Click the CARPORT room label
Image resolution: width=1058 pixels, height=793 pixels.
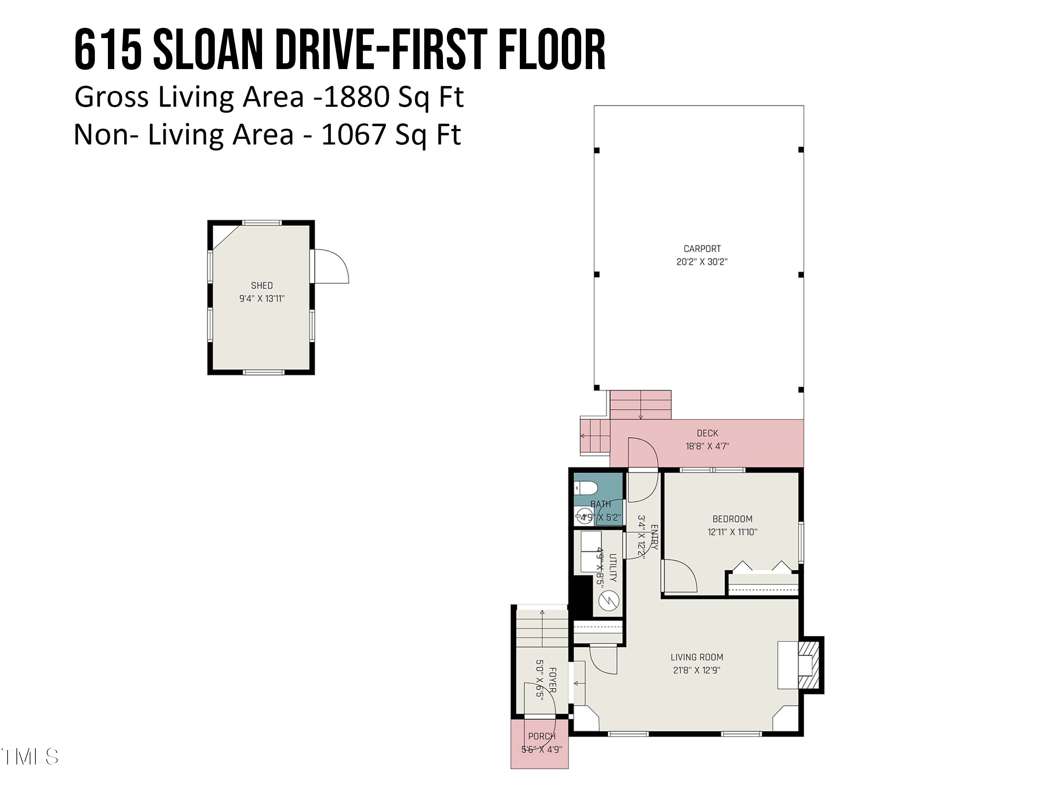[702, 248]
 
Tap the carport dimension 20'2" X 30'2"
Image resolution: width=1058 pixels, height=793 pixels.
[702, 262]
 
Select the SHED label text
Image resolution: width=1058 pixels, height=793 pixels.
[262, 285]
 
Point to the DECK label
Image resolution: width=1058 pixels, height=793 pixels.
[707, 433]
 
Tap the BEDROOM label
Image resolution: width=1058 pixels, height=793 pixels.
[732, 519]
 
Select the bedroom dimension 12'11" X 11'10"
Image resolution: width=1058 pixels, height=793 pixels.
[732, 532]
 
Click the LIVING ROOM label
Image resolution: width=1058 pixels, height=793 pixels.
[697, 657]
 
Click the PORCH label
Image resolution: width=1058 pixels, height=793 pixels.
[541, 737]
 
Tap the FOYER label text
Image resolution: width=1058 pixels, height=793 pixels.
[552, 680]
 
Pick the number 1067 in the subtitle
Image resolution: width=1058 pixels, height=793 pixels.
[353, 135]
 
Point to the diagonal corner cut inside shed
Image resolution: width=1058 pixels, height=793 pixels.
[226, 238]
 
